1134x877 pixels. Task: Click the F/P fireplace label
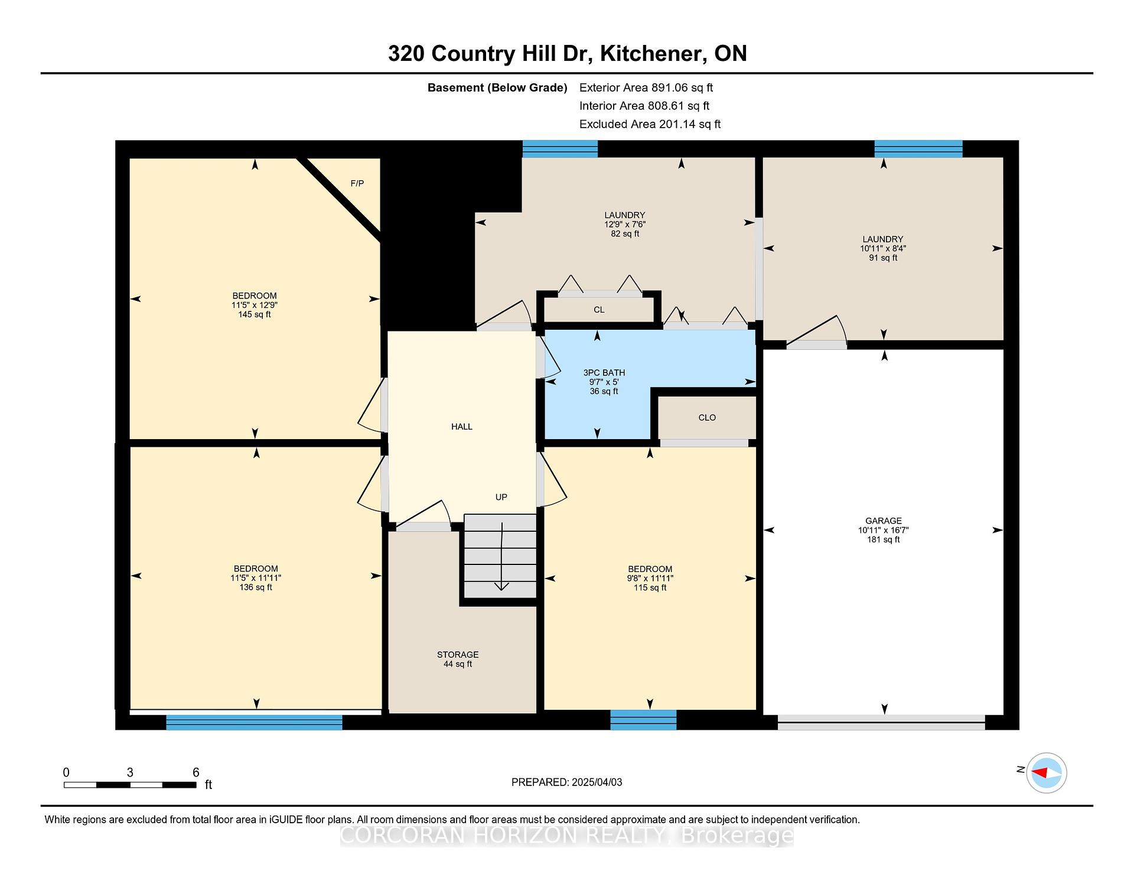pyautogui.click(x=357, y=183)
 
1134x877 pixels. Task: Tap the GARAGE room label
pyautogui.click(x=884, y=521)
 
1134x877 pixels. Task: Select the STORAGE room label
pyautogui.click(x=458, y=654)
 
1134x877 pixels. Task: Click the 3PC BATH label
pyautogui.click(x=604, y=372)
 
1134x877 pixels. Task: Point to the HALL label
pyautogui.click(x=462, y=426)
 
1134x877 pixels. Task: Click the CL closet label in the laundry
pyautogui.click(x=599, y=310)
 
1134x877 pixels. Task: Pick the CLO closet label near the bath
pyautogui.click(x=707, y=417)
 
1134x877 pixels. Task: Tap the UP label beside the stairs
pyautogui.click(x=501, y=497)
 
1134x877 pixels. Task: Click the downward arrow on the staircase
pyautogui.click(x=501, y=557)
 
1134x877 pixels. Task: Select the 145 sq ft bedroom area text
pyautogui.click(x=255, y=314)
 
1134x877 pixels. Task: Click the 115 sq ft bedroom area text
pyautogui.click(x=650, y=587)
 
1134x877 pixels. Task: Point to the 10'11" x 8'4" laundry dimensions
pyautogui.click(x=883, y=249)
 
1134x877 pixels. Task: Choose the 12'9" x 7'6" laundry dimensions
pyautogui.click(x=625, y=225)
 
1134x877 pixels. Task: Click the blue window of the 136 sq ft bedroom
pyautogui.click(x=254, y=722)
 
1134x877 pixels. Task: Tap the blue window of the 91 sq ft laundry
pyautogui.click(x=918, y=148)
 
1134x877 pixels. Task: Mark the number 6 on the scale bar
pyautogui.click(x=196, y=772)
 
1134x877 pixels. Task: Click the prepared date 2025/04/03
pyautogui.click(x=597, y=782)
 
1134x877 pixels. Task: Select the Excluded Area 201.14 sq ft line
pyautogui.click(x=650, y=124)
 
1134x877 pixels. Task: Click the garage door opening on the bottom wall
pyautogui.click(x=881, y=722)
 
